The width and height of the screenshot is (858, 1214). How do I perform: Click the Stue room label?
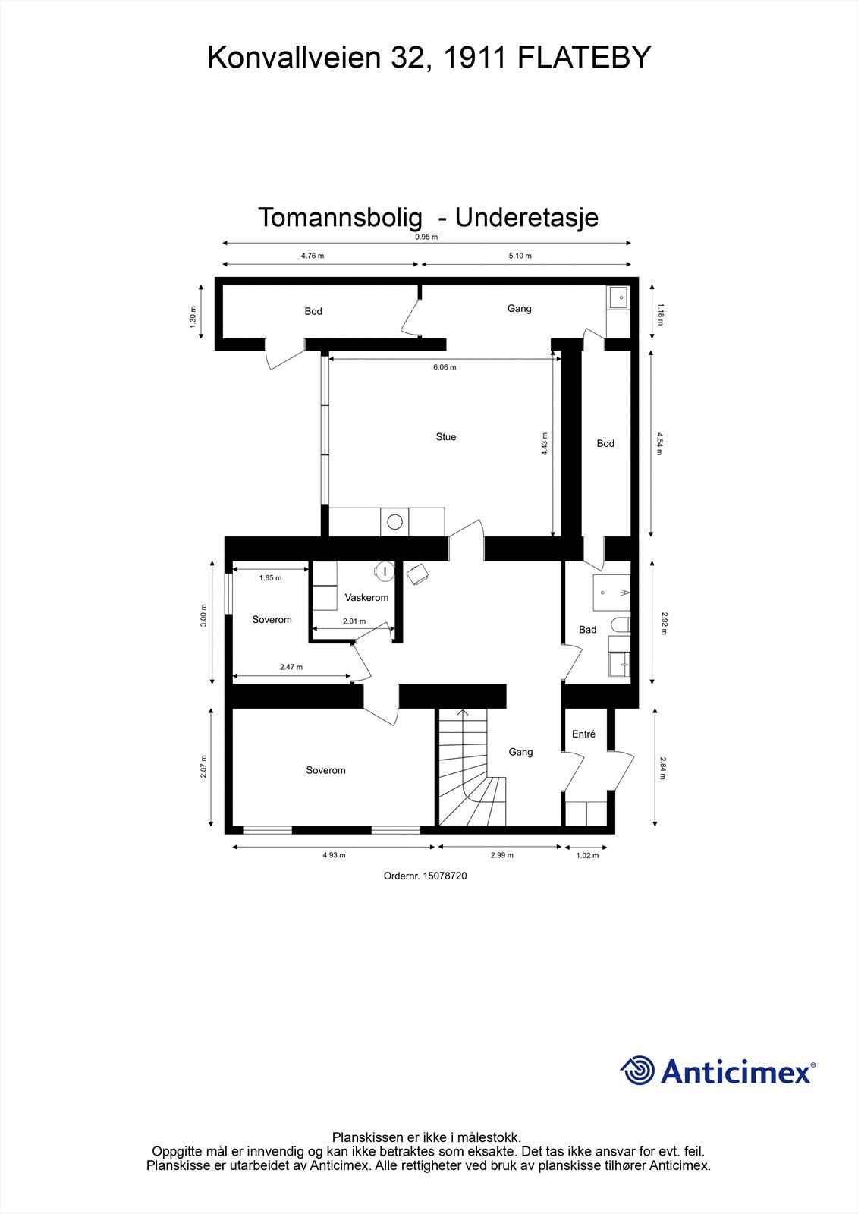pyautogui.click(x=445, y=437)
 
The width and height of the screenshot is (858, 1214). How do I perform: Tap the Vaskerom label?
pyautogui.click(x=366, y=598)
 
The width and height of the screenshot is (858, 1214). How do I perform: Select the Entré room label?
pyautogui.click(x=583, y=734)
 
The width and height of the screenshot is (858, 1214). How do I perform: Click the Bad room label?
pyautogui.click(x=587, y=630)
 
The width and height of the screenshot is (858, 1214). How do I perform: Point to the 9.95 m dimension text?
pyautogui.click(x=426, y=237)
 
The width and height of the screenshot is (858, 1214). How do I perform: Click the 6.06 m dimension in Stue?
pyautogui.click(x=445, y=367)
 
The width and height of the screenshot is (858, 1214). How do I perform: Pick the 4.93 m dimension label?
pyautogui.click(x=334, y=855)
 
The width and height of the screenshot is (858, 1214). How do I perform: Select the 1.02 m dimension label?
pyautogui.click(x=587, y=855)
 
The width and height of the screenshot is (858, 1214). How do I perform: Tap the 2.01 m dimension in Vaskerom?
pyautogui.click(x=354, y=621)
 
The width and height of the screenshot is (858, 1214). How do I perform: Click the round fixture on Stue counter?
pyautogui.click(x=394, y=522)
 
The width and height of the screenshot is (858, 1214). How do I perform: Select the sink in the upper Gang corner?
pyautogui.click(x=619, y=297)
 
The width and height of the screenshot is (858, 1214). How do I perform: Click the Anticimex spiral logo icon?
pyautogui.click(x=637, y=1071)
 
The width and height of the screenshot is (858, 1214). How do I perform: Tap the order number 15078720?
pyautogui.click(x=426, y=876)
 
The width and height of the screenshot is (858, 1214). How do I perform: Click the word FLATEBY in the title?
pyautogui.click(x=584, y=58)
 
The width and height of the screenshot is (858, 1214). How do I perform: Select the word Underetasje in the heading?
pyautogui.click(x=526, y=218)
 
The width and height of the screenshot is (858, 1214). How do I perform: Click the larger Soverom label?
pyautogui.click(x=325, y=771)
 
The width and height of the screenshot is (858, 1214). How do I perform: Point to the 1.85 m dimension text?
pyautogui.click(x=270, y=578)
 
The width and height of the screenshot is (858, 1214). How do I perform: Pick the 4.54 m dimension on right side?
pyautogui.click(x=660, y=443)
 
